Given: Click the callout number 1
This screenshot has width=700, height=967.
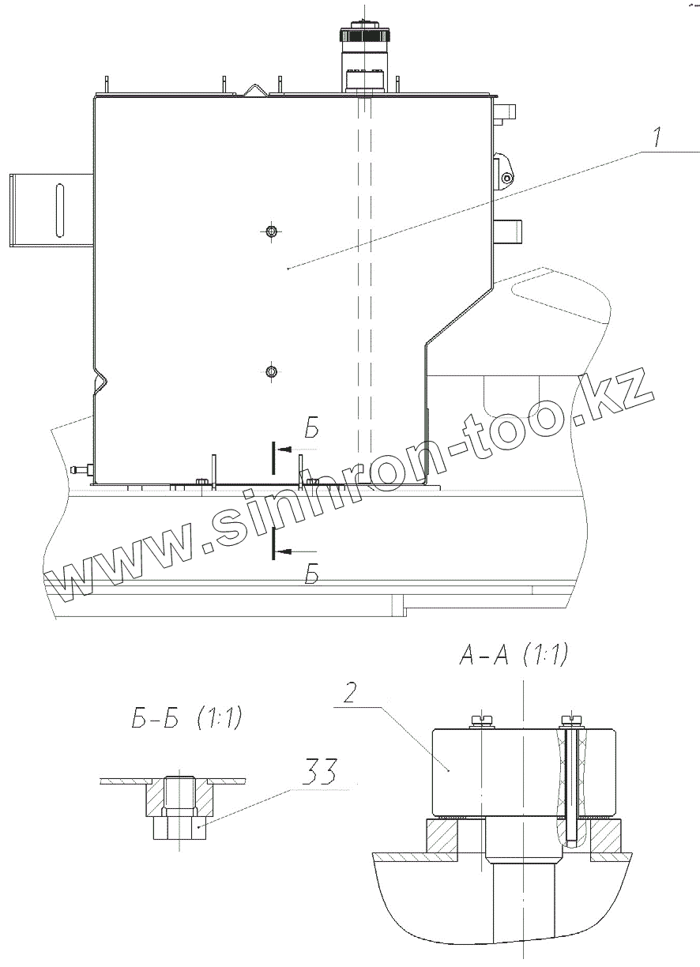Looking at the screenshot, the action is (657, 137).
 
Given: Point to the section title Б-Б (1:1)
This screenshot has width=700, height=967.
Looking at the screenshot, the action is (187, 718).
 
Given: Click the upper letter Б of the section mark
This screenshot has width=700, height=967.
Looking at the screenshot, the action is (312, 428).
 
